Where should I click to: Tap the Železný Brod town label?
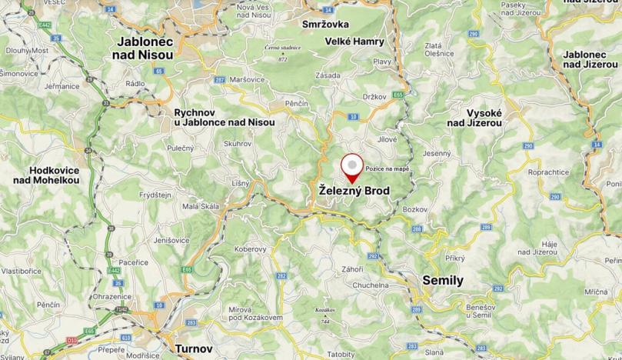click(354, 190)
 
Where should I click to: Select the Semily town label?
click(443, 280)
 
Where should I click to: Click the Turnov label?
click(194, 348)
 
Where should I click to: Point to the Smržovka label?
click(326, 24)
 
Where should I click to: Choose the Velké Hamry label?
click(354, 41)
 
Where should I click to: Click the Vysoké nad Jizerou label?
click(474, 116)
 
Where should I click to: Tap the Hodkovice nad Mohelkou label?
click(46, 175)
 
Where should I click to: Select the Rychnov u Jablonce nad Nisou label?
click(224, 117)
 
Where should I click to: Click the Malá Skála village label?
click(200, 206)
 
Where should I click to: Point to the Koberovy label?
click(250, 248)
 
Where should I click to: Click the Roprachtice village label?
click(548, 172)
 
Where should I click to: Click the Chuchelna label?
click(371, 285)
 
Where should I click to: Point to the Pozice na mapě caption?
click(386, 168)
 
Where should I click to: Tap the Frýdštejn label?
click(155, 195)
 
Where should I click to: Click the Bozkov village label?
click(415, 209)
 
